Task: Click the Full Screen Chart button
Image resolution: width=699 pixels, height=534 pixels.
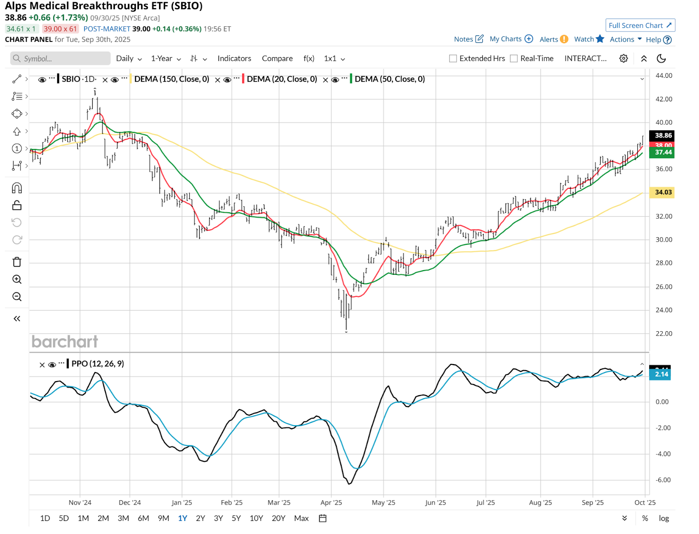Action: coord(640,25)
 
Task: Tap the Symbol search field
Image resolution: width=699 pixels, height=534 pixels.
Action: coord(61,59)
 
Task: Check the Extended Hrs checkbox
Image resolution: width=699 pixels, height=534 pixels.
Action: coord(453,59)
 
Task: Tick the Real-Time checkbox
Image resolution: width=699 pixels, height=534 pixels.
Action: coord(514,59)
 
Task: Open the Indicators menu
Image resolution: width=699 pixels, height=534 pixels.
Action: coord(234,59)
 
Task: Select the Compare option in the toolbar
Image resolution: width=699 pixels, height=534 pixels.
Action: coord(277,59)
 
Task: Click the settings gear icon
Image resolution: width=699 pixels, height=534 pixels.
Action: coord(623,59)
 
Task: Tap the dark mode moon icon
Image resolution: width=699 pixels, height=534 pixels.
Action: coord(661,59)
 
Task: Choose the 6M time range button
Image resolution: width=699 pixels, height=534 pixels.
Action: coord(143,518)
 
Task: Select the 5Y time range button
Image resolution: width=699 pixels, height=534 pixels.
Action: coord(236,518)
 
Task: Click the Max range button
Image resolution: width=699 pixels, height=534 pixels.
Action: coord(301,518)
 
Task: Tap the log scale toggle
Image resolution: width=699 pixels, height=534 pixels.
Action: coord(664,518)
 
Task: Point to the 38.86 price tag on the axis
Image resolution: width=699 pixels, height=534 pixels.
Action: coord(663,135)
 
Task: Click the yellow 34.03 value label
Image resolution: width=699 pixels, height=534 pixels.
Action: coord(663,192)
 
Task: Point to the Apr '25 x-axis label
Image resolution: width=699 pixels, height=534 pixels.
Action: coord(331,503)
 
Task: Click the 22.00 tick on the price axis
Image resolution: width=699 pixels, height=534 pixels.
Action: coord(664,333)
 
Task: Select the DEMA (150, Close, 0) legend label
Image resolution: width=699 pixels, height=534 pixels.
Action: coord(171,79)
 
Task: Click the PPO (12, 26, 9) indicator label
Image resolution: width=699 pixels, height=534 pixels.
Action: coord(97,364)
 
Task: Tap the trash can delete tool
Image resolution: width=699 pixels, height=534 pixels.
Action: coord(17,262)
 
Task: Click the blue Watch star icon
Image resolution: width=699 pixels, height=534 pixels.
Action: coord(600,39)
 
